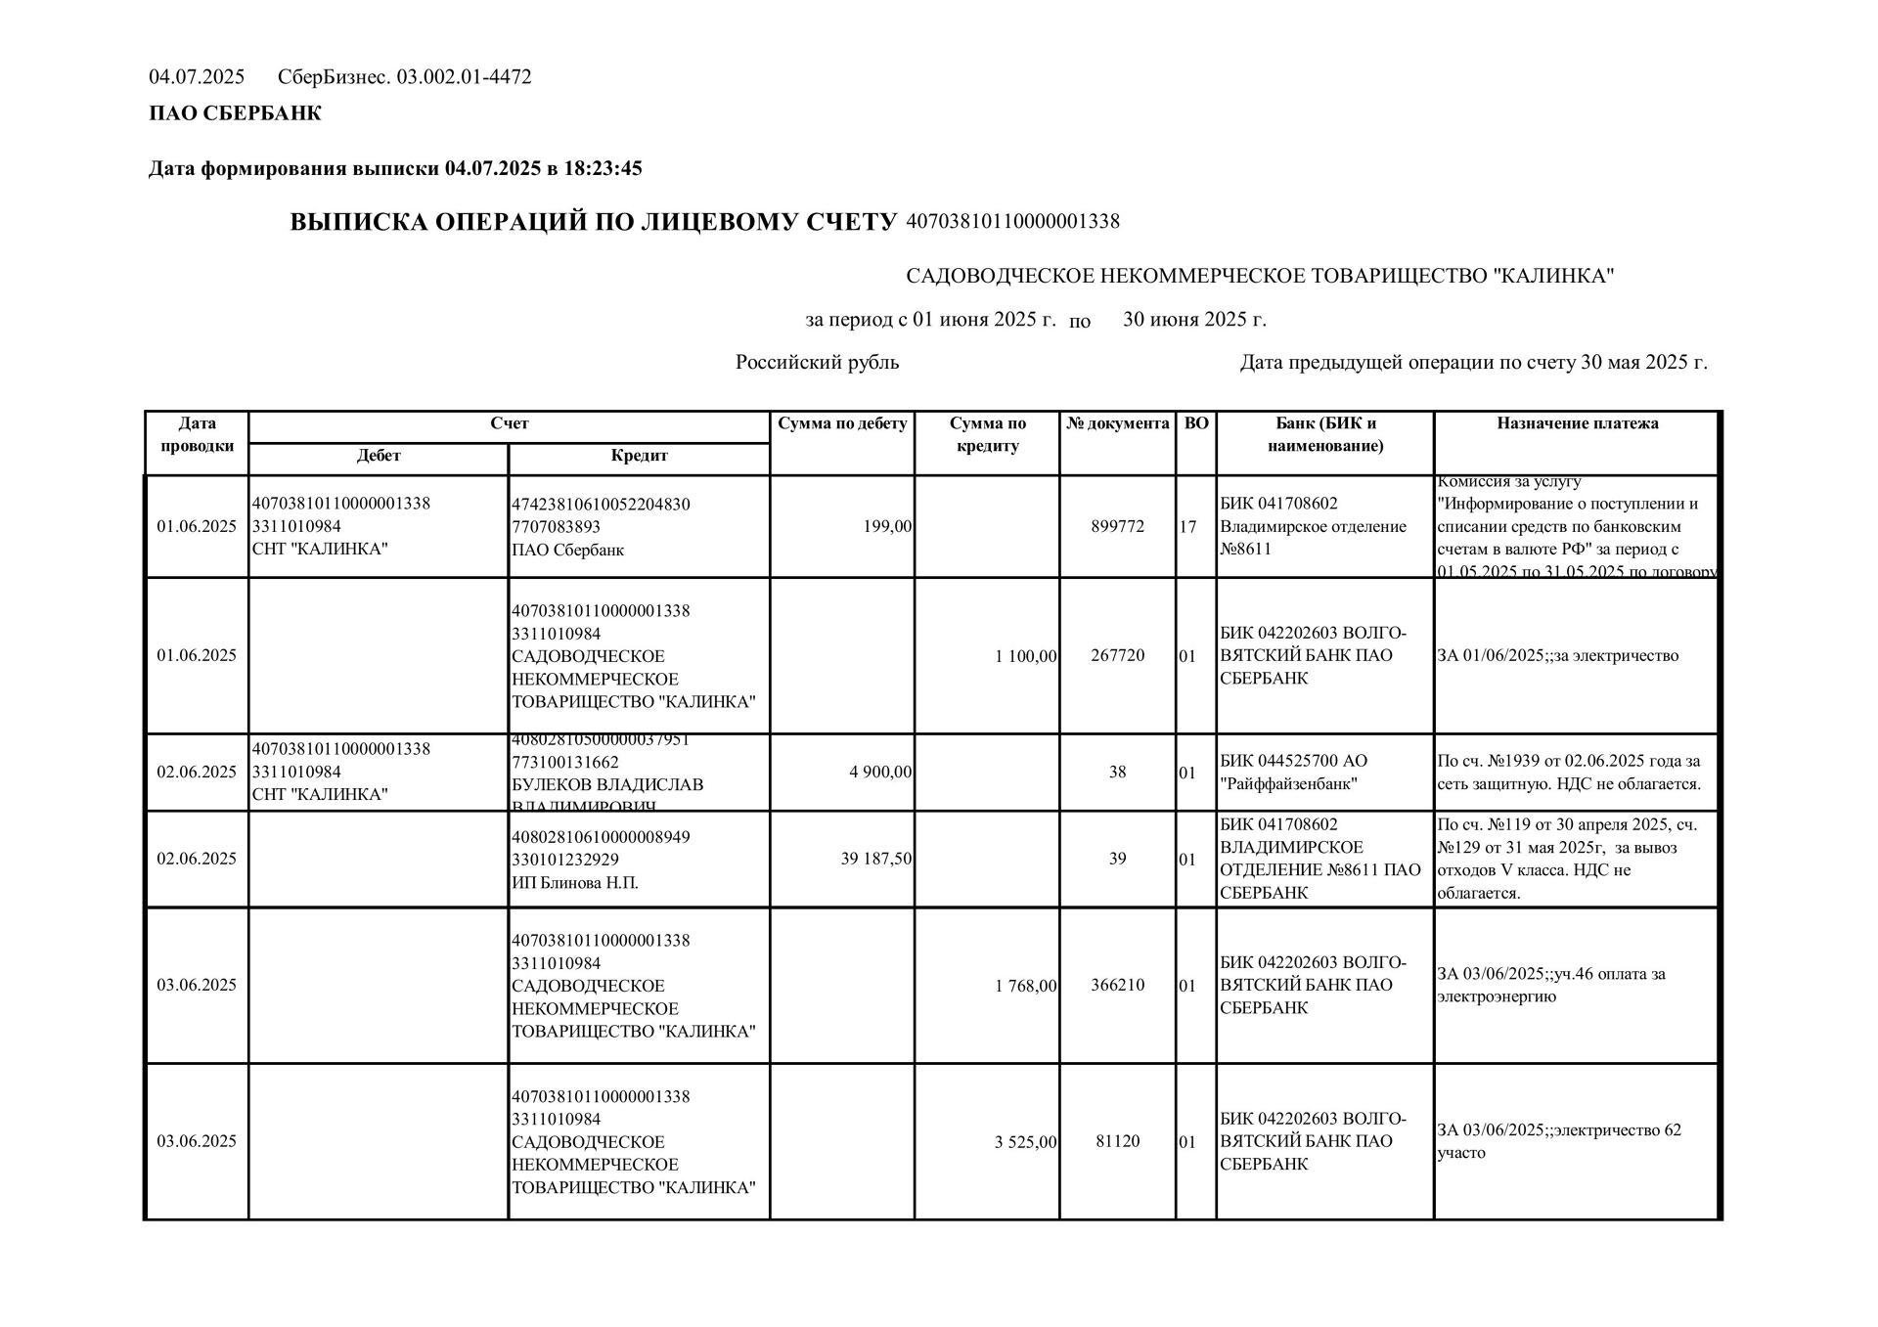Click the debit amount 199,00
point(887,526)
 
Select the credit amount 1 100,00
point(1025,655)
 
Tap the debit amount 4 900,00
point(880,772)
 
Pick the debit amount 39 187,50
point(876,859)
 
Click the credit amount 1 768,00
point(1025,985)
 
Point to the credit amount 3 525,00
point(1025,1141)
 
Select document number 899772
point(1117,526)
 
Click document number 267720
point(1117,655)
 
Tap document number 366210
point(1117,985)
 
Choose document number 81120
point(1117,1141)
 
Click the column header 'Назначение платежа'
point(1577,423)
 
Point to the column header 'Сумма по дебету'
point(842,423)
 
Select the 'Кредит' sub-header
point(639,456)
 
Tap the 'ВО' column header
point(1195,423)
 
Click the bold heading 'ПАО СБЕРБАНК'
point(235,113)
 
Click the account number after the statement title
point(1012,221)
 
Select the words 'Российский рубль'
point(817,363)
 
